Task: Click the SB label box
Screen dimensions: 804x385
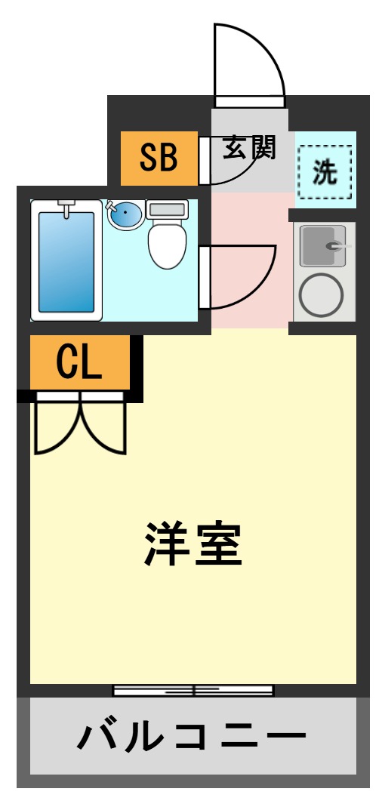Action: (x=159, y=158)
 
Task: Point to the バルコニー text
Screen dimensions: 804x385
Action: (x=192, y=737)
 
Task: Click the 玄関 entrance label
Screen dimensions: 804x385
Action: (x=248, y=148)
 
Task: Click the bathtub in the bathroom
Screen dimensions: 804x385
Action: (x=66, y=261)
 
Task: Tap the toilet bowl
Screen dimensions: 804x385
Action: (x=167, y=245)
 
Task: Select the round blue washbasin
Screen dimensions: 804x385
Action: (x=125, y=216)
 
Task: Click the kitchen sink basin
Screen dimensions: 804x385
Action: (x=324, y=246)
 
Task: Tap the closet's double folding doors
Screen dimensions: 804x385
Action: (x=79, y=427)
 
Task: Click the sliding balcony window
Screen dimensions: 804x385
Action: (x=193, y=690)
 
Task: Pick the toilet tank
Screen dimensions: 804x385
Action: (x=167, y=209)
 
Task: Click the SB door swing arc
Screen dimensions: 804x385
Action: (x=230, y=170)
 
